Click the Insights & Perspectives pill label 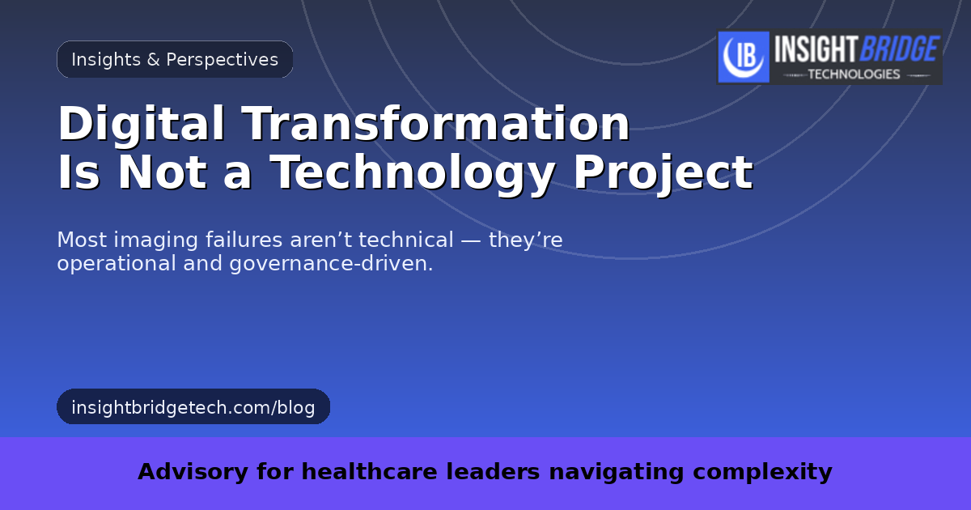pyautogui.click(x=175, y=59)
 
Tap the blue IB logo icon pyautogui.click(x=744, y=57)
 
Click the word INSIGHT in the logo pyautogui.click(x=816, y=49)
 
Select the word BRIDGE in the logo pyautogui.click(x=900, y=49)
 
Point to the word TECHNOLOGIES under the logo pyautogui.click(x=854, y=74)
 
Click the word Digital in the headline pyautogui.click(x=142, y=124)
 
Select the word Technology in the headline pyautogui.click(x=412, y=173)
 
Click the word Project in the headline pyautogui.click(x=664, y=173)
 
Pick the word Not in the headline pyautogui.click(x=162, y=172)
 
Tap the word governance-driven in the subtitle pyautogui.click(x=331, y=264)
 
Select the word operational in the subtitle pyautogui.click(x=117, y=264)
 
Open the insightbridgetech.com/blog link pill pyautogui.click(x=193, y=406)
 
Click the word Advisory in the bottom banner pyautogui.click(x=193, y=472)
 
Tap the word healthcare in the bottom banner pyautogui.click(x=369, y=471)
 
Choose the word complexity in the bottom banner pyautogui.click(x=762, y=472)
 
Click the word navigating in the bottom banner pyautogui.click(x=617, y=472)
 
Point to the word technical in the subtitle pyautogui.click(x=405, y=240)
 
